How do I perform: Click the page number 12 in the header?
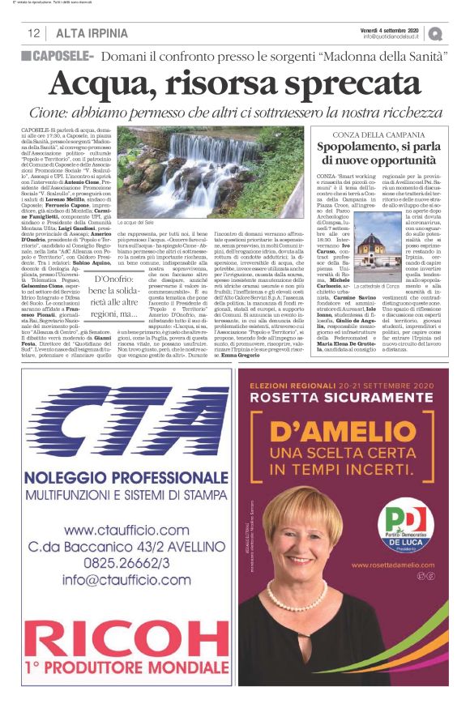tap(34, 33)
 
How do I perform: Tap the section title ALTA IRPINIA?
tap(92, 33)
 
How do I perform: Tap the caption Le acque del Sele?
tap(139, 223)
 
